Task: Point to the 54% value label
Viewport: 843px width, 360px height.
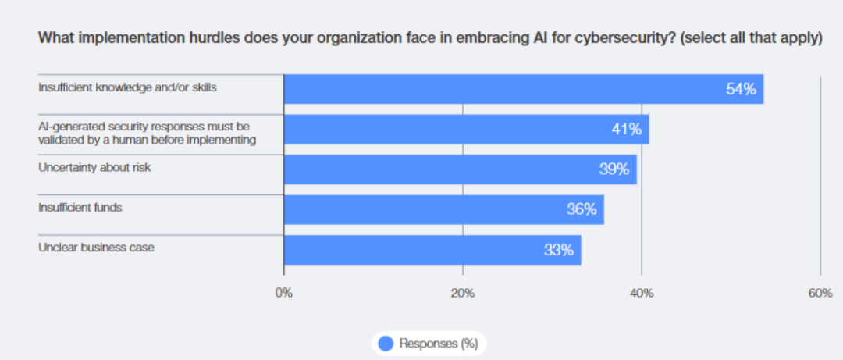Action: pyautogui.click(x=741, y=89)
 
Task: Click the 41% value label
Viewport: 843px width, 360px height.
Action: pyautogui.click(x=626, y=129)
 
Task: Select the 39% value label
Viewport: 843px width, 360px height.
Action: pyautogui.click(x=614, y=169)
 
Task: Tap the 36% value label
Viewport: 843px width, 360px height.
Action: pyautogui.click(x=582, y=209)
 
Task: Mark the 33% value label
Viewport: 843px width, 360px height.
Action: pyautogui.click(x=559, y=250)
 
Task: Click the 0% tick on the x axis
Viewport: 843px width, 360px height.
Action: pyautogui.click(x=284, y=293)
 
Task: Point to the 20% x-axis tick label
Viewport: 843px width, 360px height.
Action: pyautogui.click(x=463, y=293)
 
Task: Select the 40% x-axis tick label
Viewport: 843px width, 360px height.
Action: pyautogui.click(x=642, y=293)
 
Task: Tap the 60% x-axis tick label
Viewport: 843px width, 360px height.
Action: pyautogui.click(x=820, y=293)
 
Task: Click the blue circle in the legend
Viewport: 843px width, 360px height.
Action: pyautogui.click(x=386, y=343)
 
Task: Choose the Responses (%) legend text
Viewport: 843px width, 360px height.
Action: pyautogui.click(x=438, y=343)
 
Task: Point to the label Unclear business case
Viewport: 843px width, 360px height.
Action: pyautogui.click(x=96, y=247)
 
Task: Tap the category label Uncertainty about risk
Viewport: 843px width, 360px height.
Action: pyautogui.click(x=94, y=167)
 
